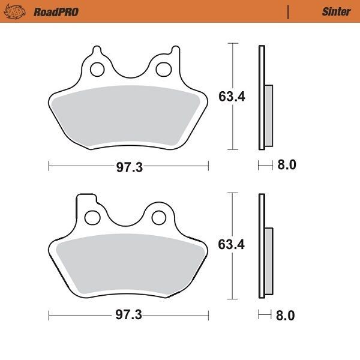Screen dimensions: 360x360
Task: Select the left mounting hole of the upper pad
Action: tap(96, 70)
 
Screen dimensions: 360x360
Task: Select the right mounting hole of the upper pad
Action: tap(161, 70)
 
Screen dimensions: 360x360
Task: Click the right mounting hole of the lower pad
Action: tap(158, 216)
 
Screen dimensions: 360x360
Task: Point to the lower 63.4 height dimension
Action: tap(231, 245)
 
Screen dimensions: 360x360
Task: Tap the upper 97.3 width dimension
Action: tap(129, 167)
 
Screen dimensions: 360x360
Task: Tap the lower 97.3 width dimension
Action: tap(129, 315)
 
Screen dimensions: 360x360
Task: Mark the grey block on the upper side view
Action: tap(268, 116)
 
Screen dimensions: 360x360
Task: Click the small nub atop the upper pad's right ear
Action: tap(175, 50)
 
